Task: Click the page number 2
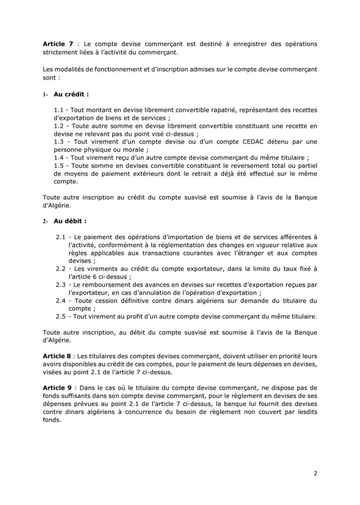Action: pyautogui.click(x=315, y=474)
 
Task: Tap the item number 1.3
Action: pyautogui.click(x=59, y=142)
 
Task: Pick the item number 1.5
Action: pyautogui.click(x=59, y=165)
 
